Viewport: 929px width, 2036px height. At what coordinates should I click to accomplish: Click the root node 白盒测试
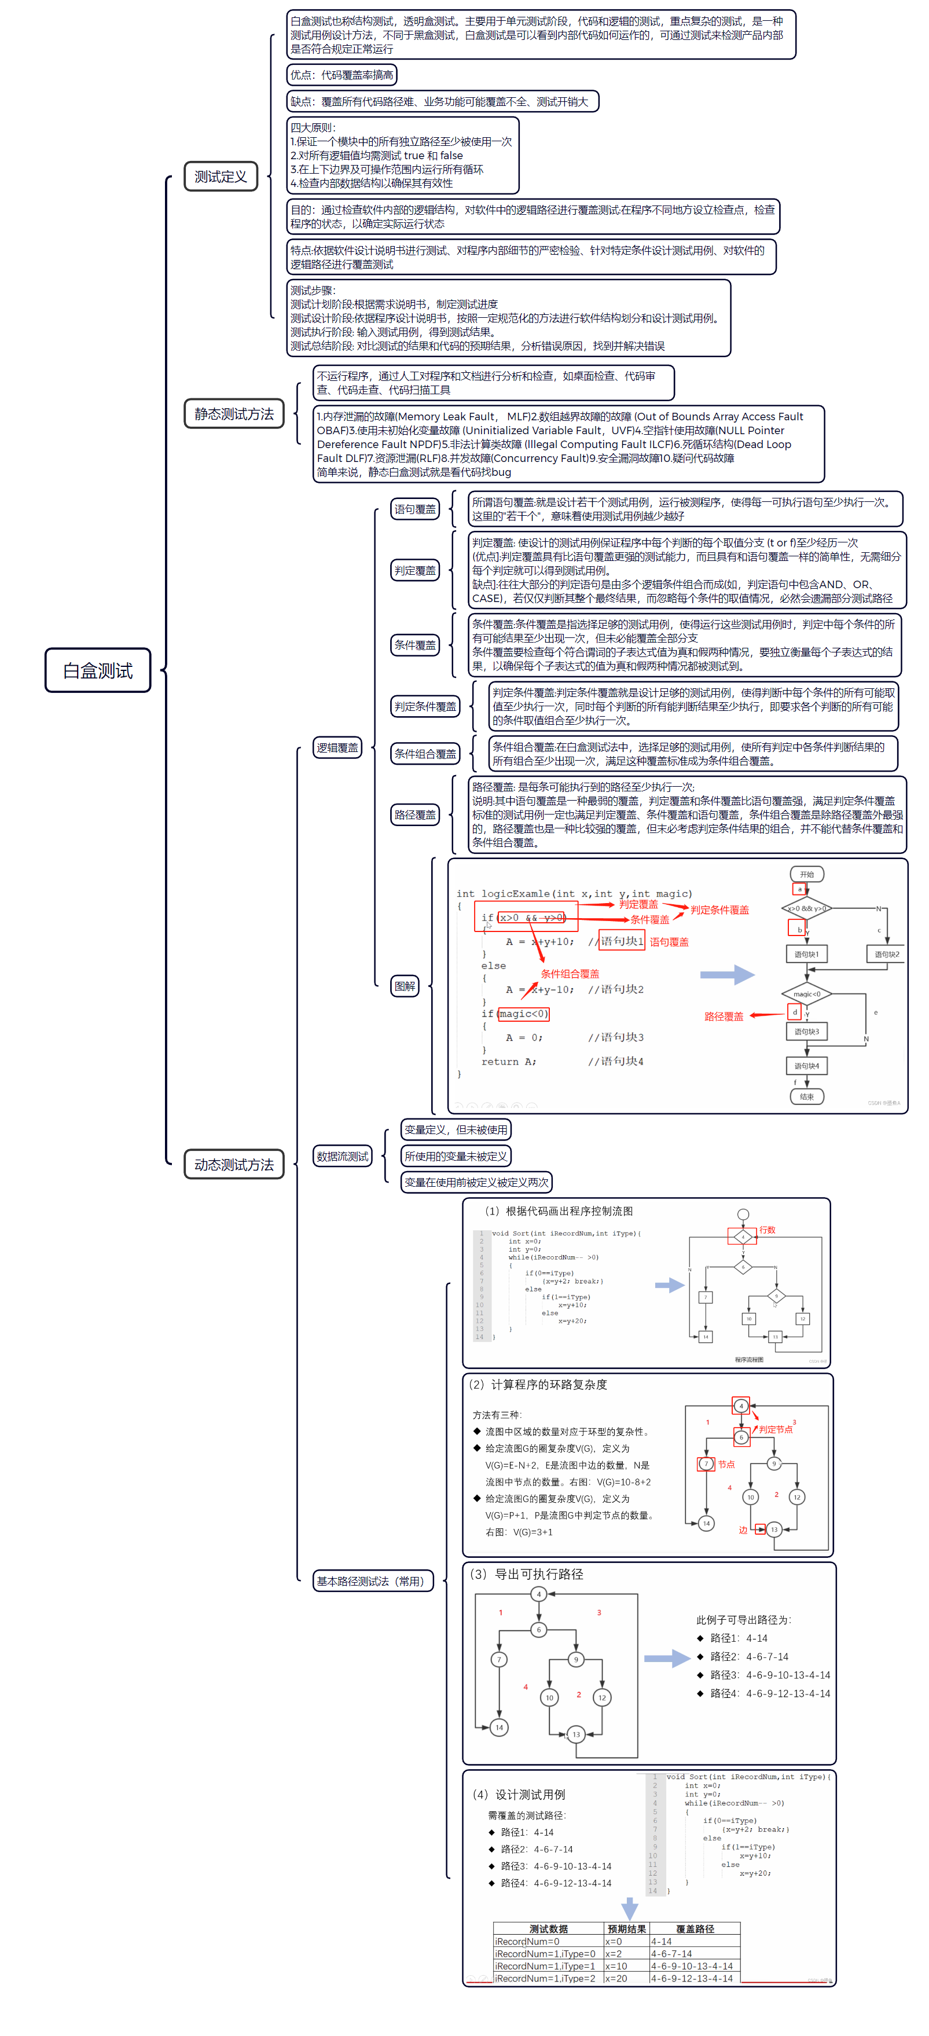coord(98,670)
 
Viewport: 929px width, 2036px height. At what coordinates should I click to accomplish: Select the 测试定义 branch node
coord(221,176)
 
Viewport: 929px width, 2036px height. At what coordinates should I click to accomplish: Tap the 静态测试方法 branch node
coord(234,413)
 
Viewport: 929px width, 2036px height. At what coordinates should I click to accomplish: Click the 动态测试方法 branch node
coord(234,1164)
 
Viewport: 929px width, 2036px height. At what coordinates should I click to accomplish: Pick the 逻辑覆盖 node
coord(337,747)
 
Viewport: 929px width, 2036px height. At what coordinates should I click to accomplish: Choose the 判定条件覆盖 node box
coord(425,706)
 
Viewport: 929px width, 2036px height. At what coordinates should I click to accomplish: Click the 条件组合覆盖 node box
coord(425,753)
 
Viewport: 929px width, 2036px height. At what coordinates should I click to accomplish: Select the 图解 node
coord(405,986)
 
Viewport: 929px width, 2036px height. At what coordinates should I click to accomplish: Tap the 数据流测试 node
coord(342,1155)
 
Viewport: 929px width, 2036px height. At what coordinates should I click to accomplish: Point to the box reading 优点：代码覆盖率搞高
coord(342,75)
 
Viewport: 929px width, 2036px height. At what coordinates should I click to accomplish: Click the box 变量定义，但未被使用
coord(456,1129)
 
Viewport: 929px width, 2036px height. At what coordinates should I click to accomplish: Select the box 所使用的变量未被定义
coord(456,1155)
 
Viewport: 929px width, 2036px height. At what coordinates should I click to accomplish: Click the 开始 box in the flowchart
coord(806,874)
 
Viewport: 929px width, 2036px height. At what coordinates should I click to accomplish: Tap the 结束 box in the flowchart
coord(806,1096)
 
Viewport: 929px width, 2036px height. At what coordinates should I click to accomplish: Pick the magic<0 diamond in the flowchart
coord(806,993)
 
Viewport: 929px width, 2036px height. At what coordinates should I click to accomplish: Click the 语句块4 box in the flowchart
coord(806,1065)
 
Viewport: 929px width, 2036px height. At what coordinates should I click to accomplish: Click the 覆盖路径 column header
coord(695,1928)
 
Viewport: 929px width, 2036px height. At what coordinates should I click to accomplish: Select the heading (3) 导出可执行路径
coord(527,1573)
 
